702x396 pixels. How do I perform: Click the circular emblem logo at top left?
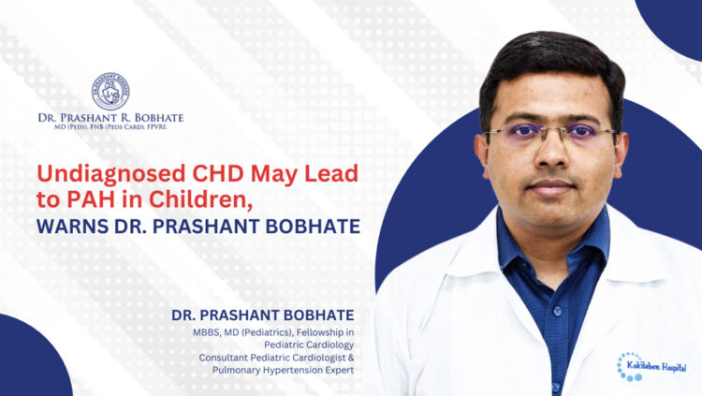[110, 91]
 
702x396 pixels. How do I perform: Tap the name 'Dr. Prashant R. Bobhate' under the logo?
[110, 117]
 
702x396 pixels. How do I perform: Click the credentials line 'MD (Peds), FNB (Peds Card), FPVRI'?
[110, 128]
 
